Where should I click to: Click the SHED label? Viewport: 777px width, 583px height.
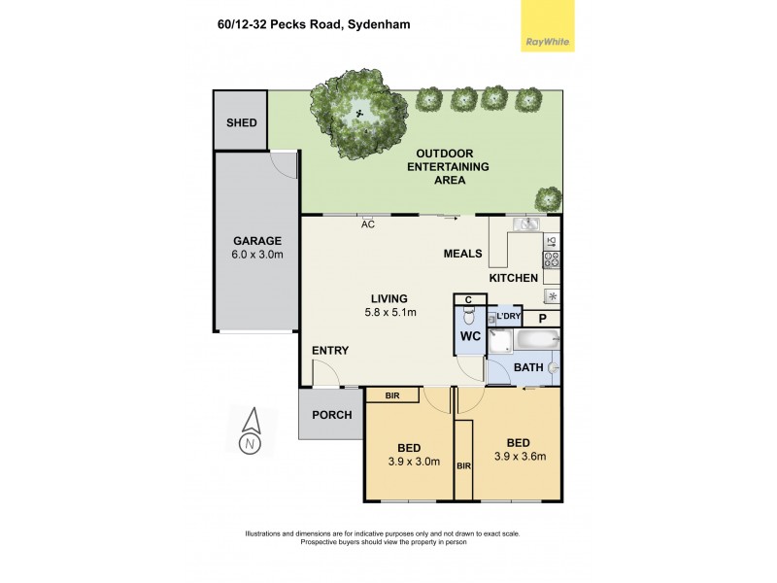point(241,122)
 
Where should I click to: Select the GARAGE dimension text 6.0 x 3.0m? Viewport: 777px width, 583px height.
point(256,255)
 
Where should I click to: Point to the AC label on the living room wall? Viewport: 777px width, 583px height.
point(368,224)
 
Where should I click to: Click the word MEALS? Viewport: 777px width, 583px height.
point(463,254)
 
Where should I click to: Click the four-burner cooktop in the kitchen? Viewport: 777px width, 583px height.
point(551,259)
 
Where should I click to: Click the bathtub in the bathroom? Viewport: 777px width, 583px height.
point(535,341)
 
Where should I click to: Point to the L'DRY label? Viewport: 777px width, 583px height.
point(508,318)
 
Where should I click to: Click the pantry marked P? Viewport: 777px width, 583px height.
point(542,319)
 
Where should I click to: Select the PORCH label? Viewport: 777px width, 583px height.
point(330,416)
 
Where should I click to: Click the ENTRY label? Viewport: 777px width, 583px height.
point(329,351)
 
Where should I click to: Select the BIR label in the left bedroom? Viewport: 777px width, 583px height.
point(392,395)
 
